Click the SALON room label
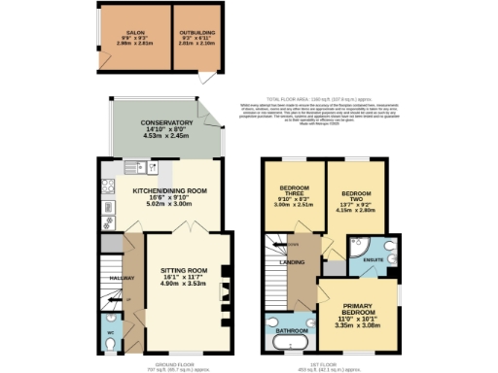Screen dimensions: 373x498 pos(136,31)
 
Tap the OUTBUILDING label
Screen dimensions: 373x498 pos(197,31)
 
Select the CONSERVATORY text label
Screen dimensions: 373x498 pos(165,122)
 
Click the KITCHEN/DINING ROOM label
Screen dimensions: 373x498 pos(170,191)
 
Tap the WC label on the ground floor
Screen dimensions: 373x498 pos(108,332)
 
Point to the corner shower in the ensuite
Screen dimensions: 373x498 pos(389,246)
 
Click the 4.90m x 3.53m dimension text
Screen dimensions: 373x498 pos(184,285)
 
